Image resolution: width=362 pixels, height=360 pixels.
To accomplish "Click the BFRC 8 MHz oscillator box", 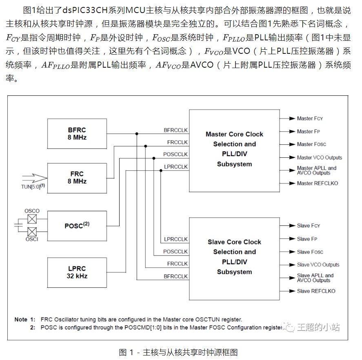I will click(77, 134).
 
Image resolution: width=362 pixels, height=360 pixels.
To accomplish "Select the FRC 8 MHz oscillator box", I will click(77, 178).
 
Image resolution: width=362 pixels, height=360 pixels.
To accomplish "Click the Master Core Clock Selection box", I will click(234, 149).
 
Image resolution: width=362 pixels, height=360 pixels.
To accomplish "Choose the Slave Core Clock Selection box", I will click(234, 257).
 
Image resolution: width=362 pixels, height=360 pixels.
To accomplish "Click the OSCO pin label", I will click(32, 211).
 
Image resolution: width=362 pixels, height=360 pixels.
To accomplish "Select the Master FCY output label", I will click(310, 118).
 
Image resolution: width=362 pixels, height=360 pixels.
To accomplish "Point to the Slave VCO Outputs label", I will click(318, 265).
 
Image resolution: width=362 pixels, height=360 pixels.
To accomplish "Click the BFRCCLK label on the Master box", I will click(175, 130).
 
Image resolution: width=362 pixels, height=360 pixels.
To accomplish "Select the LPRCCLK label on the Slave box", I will click(175, 239).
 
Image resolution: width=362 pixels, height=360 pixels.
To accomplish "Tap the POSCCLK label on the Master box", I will click(175, 155).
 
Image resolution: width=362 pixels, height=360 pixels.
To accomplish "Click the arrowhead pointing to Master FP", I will click(291, 131).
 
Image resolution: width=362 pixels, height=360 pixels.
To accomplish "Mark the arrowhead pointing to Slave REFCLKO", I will click(291, 291).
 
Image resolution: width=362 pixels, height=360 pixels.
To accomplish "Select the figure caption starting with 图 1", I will click(178, 351).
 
